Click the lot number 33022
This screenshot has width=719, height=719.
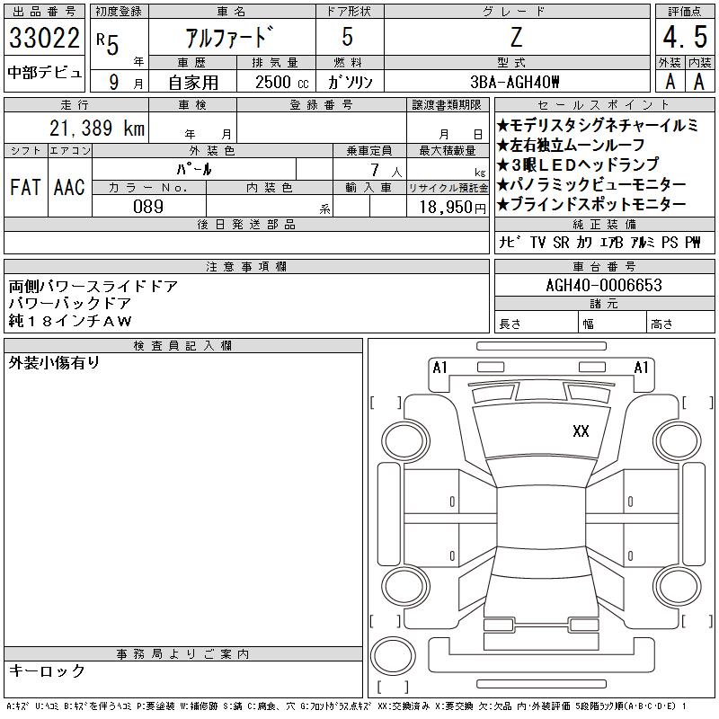[44, 38]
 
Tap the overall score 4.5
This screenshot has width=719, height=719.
[685, 37]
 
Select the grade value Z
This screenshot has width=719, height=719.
[516, 37]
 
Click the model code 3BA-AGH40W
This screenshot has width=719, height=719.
[515, 82]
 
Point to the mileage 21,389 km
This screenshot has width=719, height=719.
[97, 128]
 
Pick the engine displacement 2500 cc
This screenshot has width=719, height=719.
[282, 82]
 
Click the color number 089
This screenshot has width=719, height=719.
[148, 207]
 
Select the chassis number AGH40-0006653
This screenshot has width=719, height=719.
[604, 285]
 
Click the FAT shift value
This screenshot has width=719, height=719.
[25, 187]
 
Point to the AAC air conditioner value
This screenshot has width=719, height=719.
[69, 187]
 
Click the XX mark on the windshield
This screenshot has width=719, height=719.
[581, 431]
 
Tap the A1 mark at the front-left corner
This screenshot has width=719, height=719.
[439, 368]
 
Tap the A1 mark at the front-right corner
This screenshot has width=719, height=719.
[641, 368]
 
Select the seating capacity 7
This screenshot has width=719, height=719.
[375, 170]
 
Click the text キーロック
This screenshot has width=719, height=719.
[47, 670]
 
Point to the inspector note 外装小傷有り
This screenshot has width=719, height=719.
[54, 363]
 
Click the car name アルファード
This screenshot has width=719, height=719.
[229, 37]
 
